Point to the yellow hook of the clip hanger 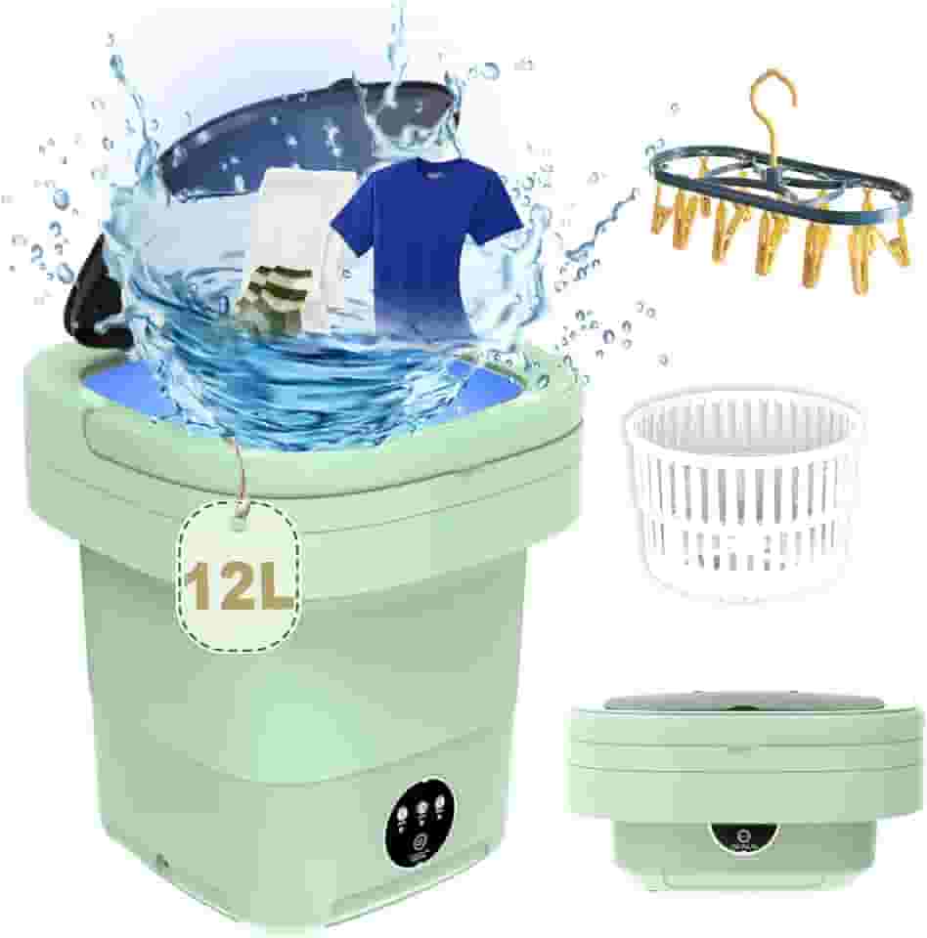772,98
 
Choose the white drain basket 743,489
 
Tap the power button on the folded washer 744,836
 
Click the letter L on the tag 273,585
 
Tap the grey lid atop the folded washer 743,703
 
